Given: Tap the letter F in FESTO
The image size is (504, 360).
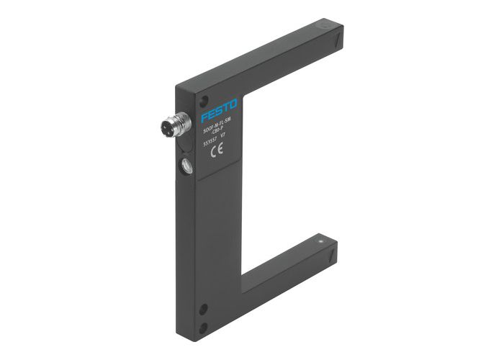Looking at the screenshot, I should tap(204, 116).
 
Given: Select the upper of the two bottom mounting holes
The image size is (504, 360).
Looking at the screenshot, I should tap(203, 310).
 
